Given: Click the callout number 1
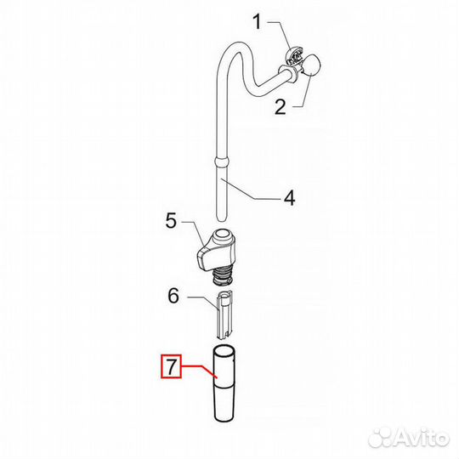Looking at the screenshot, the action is [257, 22].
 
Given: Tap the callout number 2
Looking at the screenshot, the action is [280, 107].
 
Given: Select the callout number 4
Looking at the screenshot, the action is [290, 198].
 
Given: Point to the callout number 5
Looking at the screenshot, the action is [171, 221].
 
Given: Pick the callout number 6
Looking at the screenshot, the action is [173, 296].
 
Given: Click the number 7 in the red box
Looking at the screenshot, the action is [172, 365].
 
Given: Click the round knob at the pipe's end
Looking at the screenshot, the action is [310, 65].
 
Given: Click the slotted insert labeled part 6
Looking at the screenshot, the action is [225, 315].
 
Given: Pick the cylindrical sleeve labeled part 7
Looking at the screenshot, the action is [224, 383].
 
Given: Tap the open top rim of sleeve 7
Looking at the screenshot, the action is [224, 351].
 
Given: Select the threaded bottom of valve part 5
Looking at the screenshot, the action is [222, 276].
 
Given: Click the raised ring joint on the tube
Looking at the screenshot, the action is [221, 162].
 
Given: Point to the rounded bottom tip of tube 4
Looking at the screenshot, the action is [221, 218].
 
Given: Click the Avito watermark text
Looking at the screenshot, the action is [422, 439].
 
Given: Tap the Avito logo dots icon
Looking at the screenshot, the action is [380, 438].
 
